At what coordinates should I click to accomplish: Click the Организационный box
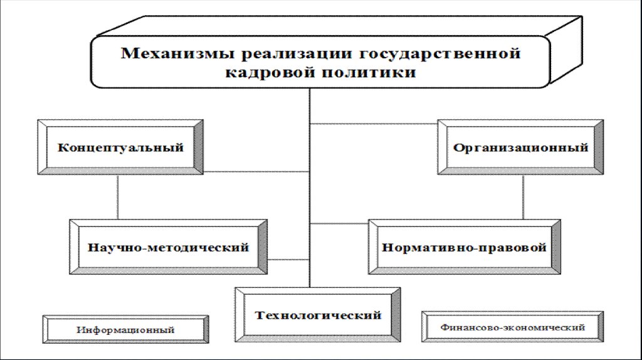coord(520,148)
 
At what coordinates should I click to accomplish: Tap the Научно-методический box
coord(169,247)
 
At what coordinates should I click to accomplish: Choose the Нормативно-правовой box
coord(464,247)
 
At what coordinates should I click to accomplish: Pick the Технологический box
coord(318,314)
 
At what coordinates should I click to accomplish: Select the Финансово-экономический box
coord(513,327)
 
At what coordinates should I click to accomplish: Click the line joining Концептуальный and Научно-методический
coord(118,197)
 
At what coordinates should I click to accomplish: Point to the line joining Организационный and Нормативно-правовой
coord(523,197)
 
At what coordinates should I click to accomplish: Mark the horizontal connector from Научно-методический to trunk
coord(288,258)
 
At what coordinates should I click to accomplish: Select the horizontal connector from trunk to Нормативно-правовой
coord(339,223)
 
